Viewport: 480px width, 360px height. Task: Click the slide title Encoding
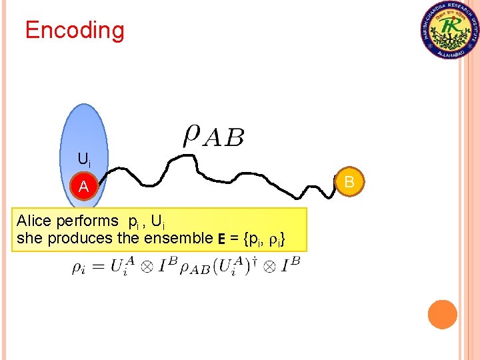click(74, 30)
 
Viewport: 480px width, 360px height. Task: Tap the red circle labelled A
click(84, 187)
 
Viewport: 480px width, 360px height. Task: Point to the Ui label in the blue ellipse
click(84, 159)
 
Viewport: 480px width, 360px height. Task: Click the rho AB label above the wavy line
click(213, 136)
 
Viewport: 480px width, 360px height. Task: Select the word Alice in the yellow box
click(33, 221)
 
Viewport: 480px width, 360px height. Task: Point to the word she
click(26, 238)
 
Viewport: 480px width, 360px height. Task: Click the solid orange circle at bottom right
click(442, 314)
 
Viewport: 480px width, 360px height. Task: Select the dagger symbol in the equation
click(251, 261)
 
